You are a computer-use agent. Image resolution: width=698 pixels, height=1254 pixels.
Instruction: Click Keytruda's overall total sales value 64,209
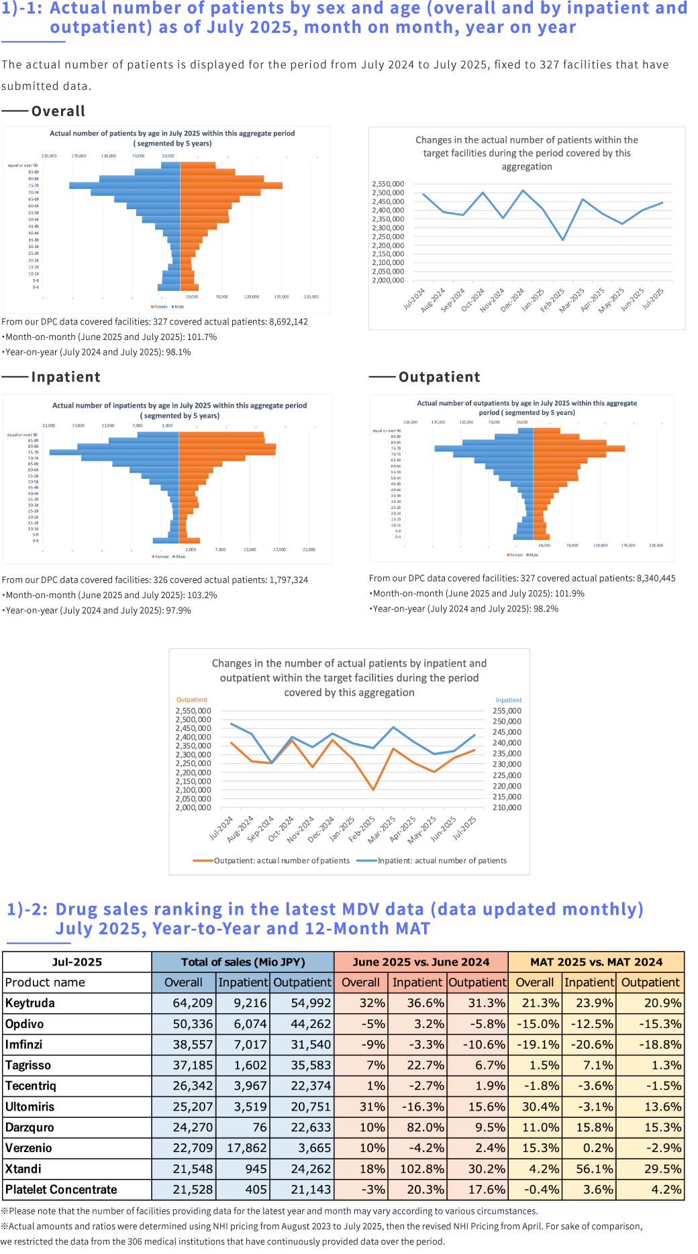pyautogui.click(x=193, y=1003)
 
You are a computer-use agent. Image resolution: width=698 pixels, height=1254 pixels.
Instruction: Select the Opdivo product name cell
pyautogui.click(x=25, y=1024)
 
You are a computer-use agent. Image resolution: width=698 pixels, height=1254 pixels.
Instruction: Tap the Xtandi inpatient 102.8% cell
pyautogui.click(x=422, y=1169)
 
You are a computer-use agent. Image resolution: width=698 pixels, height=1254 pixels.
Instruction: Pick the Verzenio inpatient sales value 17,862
pyautogui.click(x=247, y=1148)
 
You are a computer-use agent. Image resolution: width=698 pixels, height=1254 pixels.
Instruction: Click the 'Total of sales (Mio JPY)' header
pyautogui.click(x=243, y=962)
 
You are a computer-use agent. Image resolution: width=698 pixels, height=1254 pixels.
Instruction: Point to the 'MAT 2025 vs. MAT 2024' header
pyautogui.click(x=596, y=962)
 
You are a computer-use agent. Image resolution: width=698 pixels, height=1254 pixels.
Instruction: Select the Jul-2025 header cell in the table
pyautogui.click(x=77, y=962)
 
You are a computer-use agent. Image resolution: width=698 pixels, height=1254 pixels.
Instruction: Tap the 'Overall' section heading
pyautogui.click(x=58, y=111)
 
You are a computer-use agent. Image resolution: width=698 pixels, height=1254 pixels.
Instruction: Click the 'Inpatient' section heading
pyautogui.click(x=66, y=377)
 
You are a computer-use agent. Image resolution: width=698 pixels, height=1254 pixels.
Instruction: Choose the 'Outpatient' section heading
pyautogui.click(x=440, y=377)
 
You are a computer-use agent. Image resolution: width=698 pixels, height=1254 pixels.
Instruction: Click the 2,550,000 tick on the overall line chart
pyautogui.click(x=388, y=184)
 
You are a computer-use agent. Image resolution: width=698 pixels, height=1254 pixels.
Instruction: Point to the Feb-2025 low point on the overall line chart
pyautogui.click(x=563, y=239)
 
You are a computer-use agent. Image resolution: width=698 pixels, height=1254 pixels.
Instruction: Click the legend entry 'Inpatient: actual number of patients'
pyautogui.click(x=442, y=861)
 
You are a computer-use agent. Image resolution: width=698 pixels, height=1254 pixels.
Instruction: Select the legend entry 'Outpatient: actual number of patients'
pyautogui.click(x=281, y=861)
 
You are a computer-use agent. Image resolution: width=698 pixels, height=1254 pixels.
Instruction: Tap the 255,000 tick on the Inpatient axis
pyautogui.click(x=507, y=711)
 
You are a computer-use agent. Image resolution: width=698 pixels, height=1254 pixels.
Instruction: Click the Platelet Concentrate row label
pyautogui.click(x=61, y=1190)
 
